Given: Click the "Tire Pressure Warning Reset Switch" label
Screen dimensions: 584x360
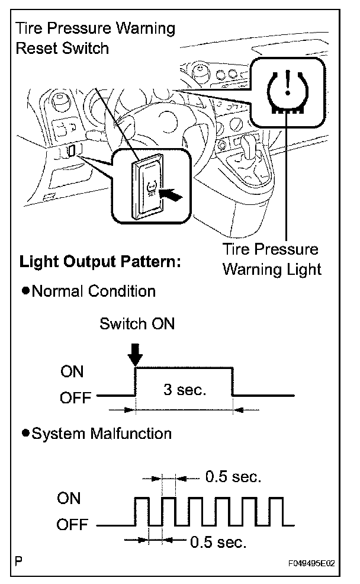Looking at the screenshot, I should click(96, 38).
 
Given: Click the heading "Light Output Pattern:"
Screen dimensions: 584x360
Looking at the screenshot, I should click(100, 262).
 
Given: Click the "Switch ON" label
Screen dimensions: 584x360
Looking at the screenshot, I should click(137, 324).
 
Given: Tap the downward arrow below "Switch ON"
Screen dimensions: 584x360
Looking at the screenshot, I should click(136, 354).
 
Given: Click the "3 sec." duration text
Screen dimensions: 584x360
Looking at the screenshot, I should click(184, 391).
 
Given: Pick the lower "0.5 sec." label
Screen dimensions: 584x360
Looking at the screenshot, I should click(218, 541).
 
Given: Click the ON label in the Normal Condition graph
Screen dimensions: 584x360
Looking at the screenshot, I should click(72, 372).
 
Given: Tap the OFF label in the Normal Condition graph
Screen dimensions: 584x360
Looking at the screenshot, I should click(75, 397).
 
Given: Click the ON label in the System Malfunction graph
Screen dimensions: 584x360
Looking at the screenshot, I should click(69, 499).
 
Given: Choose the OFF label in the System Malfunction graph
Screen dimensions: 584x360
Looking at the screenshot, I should click(72, 525).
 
